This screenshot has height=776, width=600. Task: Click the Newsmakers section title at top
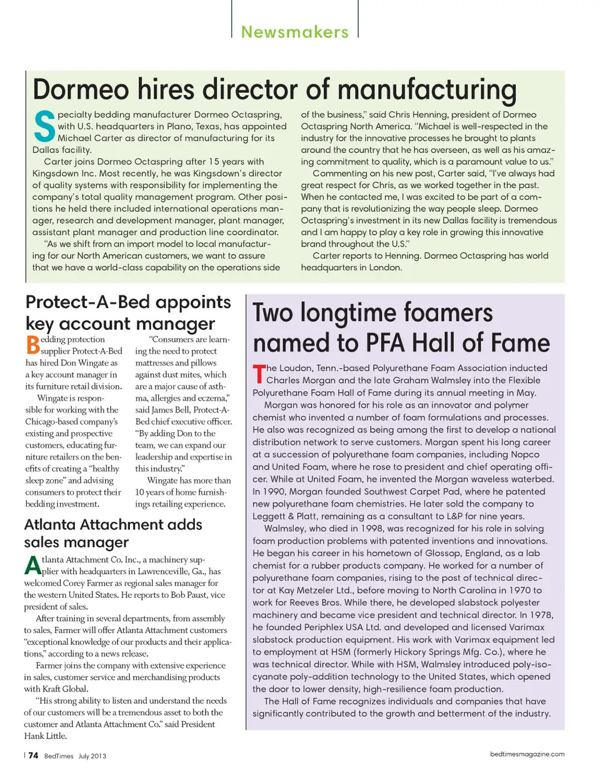coord(294,32)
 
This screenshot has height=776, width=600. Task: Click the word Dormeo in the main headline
coord(81,89)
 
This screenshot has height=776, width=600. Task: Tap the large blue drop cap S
coord(44,127)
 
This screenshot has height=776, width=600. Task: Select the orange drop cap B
coord(32,345)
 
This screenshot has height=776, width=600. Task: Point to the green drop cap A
coord(32,565)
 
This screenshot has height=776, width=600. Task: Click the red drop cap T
coord(259,374)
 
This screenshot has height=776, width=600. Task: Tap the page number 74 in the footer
coord(33,755)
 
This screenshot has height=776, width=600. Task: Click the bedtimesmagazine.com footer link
coord(527,754)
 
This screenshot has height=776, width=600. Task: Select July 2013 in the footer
coord(92,756)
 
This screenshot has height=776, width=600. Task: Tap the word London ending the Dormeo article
coord(385,267)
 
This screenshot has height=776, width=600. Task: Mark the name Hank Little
coord(44,736)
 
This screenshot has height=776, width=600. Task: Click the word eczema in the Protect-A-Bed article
coord(211,398)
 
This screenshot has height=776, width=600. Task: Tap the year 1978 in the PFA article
coord(541,615)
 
